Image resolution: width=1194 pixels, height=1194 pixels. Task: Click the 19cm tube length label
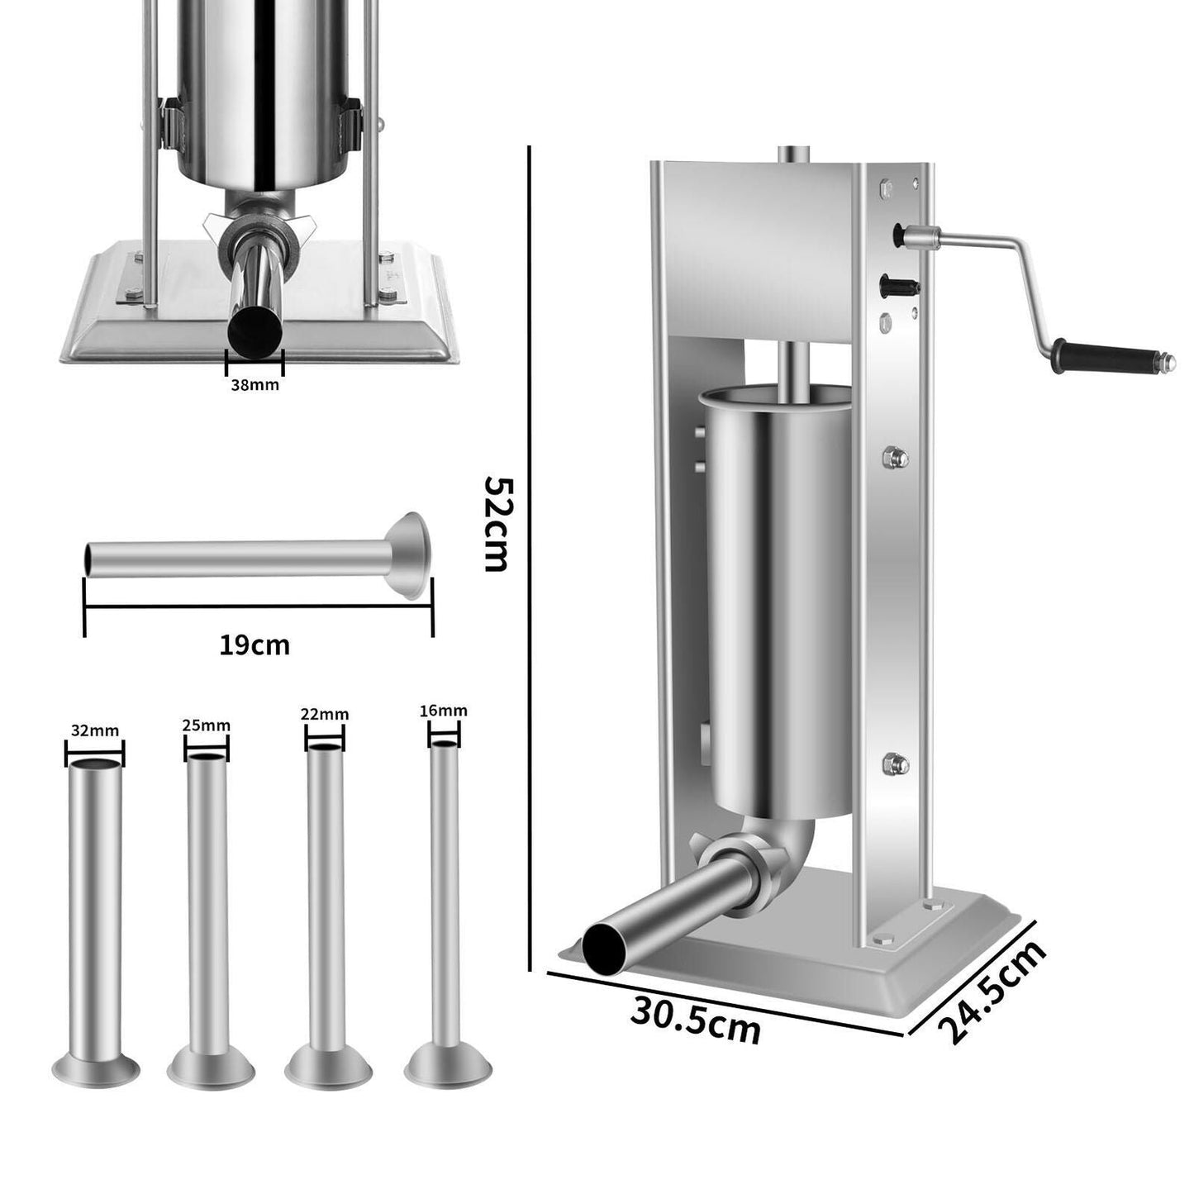click(x=254, y=645)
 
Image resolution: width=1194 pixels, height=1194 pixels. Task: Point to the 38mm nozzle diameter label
click(x=254, y=384)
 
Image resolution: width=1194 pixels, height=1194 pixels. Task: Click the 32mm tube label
click(x=95, y=730)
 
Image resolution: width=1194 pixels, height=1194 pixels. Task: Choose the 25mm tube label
click(x=207, y=726)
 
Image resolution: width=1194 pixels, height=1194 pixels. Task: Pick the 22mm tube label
click(x=325, y=714)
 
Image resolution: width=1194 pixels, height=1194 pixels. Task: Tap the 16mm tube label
click(x=444, y=711)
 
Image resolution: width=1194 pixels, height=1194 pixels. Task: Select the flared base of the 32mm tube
click(x=95, y=1068)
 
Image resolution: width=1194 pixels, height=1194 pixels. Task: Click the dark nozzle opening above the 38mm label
click(x=254, y=330)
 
